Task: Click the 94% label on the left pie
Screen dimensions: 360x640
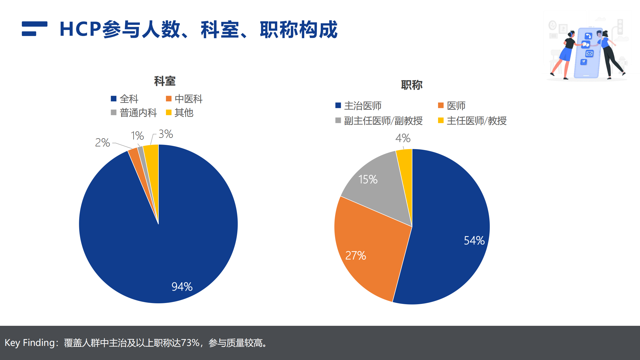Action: coord(182,286)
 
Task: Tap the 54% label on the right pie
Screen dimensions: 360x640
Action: coord(474,240)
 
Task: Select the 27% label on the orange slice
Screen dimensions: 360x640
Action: coord(356,256)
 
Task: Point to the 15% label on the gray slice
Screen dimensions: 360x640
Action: coord(368,179)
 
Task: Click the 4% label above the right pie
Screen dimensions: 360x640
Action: coord(403,138)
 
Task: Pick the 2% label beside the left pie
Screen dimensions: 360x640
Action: coord(102,142)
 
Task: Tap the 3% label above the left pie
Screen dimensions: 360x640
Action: coord(166,134)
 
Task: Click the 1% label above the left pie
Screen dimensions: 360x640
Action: coord(137,136)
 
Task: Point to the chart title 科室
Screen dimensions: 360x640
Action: coord(165,81)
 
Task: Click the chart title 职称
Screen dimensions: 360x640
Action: coord(412,85)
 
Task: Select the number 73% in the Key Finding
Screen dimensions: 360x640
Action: coord(190,343)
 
